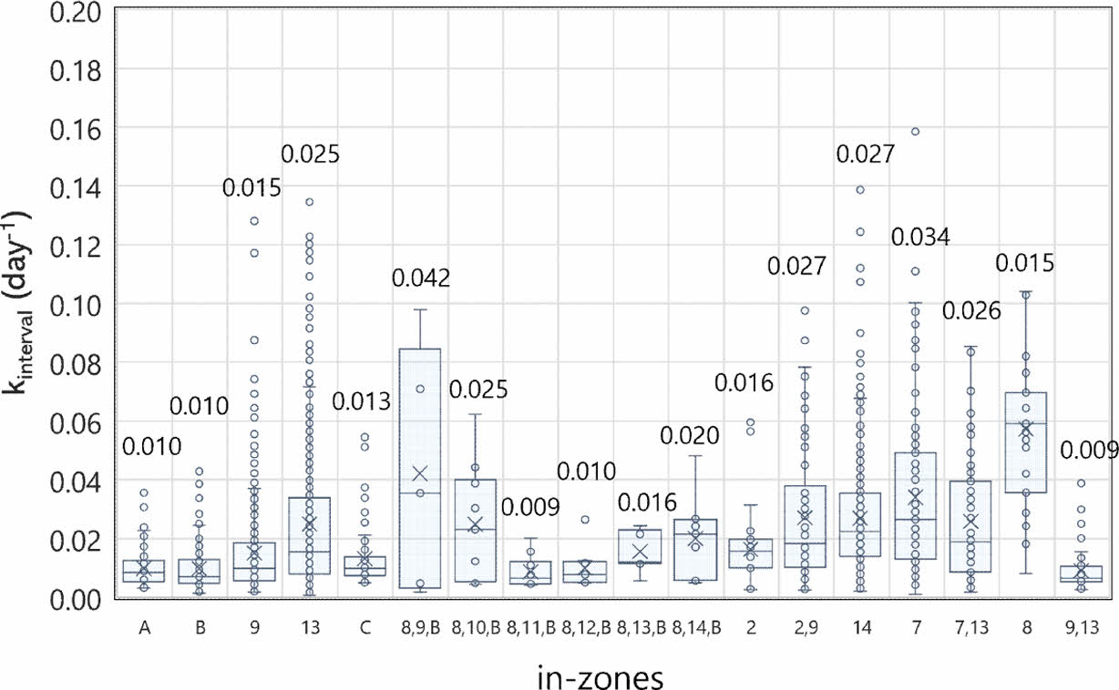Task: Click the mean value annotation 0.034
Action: click(920, 238)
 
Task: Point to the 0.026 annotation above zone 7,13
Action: click(971, 310)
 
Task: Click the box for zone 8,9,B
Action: click(419, 468)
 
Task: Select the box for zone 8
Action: click(1025, 442)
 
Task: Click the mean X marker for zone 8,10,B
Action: click(475, 523)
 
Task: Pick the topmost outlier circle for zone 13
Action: click(309, 202)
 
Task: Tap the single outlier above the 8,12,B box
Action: click(585, 520)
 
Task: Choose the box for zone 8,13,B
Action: click(640, 546)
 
